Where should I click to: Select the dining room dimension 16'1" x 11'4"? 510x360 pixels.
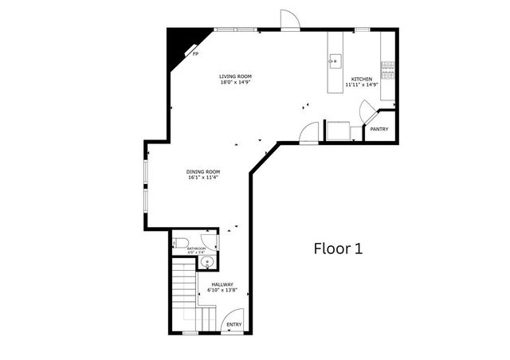pyautogui.click(x=203, y=178)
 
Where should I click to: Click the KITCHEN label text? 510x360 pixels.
pyautogui.click(x=362, y=80)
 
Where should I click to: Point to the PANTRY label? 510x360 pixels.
pyautogui.click(x=379, y=129)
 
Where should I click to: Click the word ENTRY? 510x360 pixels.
pyautogui.click(x=234, y=324)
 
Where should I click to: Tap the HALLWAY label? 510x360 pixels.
pyautogui.click(x=222, y=284)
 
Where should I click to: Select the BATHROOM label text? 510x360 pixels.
pyautogui.click(x=196, y=248)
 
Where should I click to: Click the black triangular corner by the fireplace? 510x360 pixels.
pyautogui.click(x=176, y=45)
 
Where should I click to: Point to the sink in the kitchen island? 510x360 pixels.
pyautogui.click(x=335, y=60)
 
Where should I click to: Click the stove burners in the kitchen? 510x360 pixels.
pyautogui.click(x=388, y=69)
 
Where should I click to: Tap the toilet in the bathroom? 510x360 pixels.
pyautogui.click(x=180, y=243)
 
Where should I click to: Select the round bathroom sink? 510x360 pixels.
pyautogui.click(x=207, y=260)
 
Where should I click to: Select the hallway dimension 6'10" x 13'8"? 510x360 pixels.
pyautogui.click(x=222, y=291)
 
